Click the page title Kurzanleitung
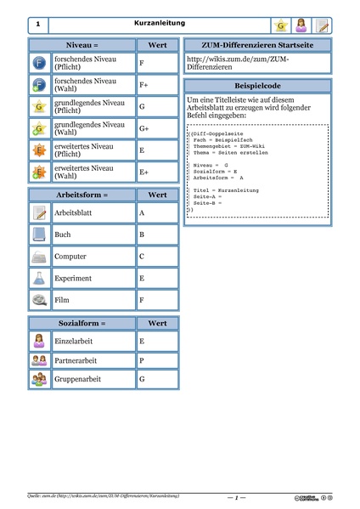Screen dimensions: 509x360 click(x=159, y=24)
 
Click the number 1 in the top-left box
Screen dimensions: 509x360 click(x=39, y=25)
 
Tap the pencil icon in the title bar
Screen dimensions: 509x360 click(x=322, y=25)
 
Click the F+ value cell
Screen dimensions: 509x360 click(x=156, y=85)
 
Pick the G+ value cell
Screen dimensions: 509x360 click(x=156, y=128)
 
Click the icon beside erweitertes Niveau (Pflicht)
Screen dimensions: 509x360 click(x=40, y=150)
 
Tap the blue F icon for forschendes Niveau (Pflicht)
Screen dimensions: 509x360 click(x=40, y=63)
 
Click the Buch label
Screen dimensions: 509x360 click(x=63, y=234)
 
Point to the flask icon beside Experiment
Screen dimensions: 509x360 click(x=40, y=278)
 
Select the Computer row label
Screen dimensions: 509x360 click(x=70, y=256)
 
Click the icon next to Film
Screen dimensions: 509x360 click(x=40, y=300)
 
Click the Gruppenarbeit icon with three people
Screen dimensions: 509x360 click(x=40, y=378)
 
